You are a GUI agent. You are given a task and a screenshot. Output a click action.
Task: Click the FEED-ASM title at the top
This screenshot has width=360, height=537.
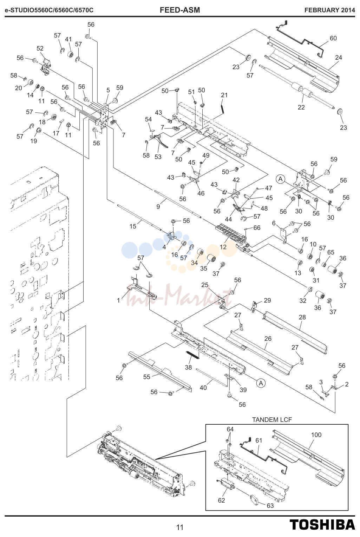pyautogui.click(x=180, y=10)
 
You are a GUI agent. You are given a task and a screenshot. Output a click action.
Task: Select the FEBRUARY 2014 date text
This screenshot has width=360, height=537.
pyautogui.click(x=330, y=10)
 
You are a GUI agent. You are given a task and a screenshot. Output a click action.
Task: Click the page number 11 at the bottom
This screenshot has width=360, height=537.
pyautogui.click(x=180, y=528)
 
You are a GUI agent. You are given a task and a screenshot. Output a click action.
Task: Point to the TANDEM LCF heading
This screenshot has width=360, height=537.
pyautogui.click(x=272, y=419)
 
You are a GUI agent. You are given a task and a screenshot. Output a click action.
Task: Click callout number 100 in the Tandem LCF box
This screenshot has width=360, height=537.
pyautogui.click(x=316, y=435)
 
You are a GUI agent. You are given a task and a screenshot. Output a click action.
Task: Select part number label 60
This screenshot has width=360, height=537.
pyautogui.click(x=333, y=38)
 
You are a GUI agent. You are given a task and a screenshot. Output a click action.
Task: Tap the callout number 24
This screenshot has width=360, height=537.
pyautogui.click(x=339, y=58)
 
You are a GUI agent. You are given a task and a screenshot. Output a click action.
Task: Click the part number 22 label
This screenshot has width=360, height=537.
pyautogui.click(x=301, y=107)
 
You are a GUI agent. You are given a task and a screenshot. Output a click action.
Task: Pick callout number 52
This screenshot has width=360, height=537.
pyautogui.click(x=40, y=48)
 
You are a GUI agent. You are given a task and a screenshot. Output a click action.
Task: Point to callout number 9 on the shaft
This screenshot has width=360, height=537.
pyautogui.click(x=158, y=206)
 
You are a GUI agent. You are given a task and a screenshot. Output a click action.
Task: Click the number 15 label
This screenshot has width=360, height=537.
pyautogui.click(x=133, y=226)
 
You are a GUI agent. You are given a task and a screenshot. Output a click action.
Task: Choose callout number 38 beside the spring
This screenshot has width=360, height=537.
pyautogui.click(x=188, y=367)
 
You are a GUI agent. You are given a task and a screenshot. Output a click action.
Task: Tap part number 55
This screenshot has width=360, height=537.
pyautogui.click(x=146, y=377)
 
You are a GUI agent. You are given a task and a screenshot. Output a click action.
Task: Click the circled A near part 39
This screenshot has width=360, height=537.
pyautogui.click(x=261, y=383)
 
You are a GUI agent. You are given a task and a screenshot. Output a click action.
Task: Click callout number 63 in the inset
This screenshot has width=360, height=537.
pyautogui.click(x=270, y=506)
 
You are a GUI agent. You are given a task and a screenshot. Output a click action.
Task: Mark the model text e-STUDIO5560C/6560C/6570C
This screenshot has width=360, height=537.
pyautogui.click(x=49, y=10)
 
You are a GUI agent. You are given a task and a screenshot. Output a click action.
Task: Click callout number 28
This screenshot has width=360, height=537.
pyautogui.click(x=302, y=317)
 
